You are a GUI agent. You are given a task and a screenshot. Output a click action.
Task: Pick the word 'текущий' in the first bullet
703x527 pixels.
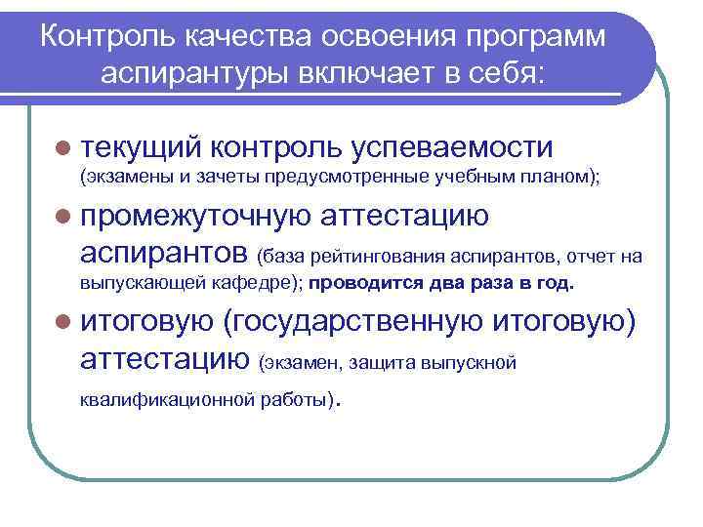pos(142,147)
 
